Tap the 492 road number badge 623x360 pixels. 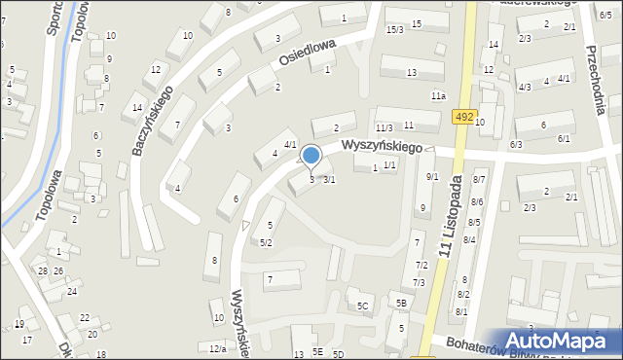click(x=464, y=118)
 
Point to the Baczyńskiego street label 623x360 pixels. click(x=153, y=123)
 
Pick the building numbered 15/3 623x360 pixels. click(x=394, y=30)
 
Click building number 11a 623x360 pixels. click(x=439, y=95)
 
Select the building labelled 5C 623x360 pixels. click(x=362, y=306)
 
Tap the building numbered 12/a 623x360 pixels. click(x=217, y=347)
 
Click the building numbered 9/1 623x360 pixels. click(x=432, y=176)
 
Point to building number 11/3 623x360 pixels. click(x=384, y=127)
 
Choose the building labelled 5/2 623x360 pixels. click(x=266, y=241)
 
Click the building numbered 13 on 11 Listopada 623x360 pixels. click(x=412, y=73)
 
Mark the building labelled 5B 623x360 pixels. click(x=400, y=303)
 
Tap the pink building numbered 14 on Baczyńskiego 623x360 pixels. click(x=137, y=107)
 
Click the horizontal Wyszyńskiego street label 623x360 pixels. click(x=381, y=147)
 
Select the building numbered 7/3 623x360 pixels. click(x=419, y=282)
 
